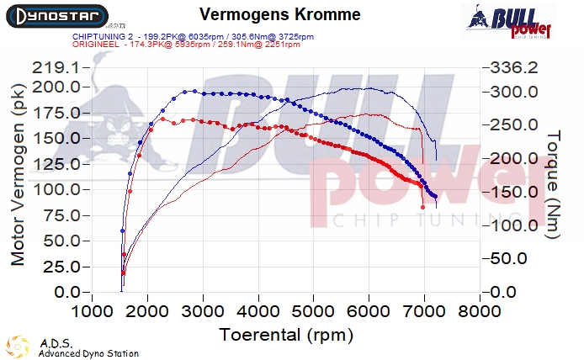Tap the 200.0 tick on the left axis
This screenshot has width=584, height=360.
click(x=57, y=87)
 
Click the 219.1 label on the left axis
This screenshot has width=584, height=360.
click(x=57, y=67)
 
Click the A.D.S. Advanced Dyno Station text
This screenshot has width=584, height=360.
click(x=88, y=348)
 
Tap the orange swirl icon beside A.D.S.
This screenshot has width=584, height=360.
click(x=18, y=347)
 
